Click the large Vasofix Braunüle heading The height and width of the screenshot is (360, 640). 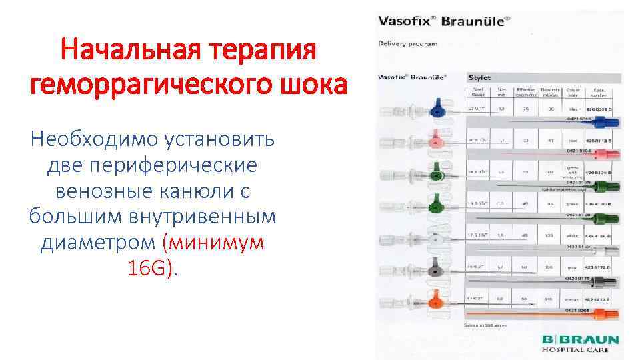pyautogui.click(x=444, y=21)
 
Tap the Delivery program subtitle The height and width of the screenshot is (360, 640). pyautogui.click(x=409, y=44)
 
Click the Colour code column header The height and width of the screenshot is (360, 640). pyautogui.click(x=573, y=91)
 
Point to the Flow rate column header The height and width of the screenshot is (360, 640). pyautogui.click(x=550, y=91)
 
